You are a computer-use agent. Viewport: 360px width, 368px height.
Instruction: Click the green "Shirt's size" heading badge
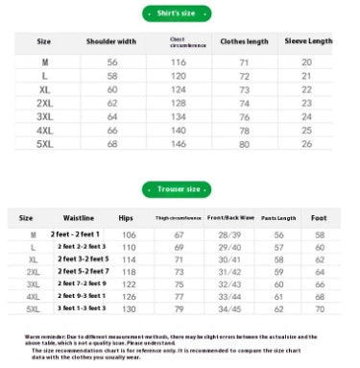tap(180, 12)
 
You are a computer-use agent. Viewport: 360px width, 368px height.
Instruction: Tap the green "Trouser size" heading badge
tap(180, 190)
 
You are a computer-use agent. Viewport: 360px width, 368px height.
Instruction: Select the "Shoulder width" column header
tap(111, 41)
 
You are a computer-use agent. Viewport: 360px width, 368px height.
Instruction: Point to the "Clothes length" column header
tap(244, 41)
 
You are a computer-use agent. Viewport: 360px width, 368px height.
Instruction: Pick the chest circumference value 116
tap(179, 61)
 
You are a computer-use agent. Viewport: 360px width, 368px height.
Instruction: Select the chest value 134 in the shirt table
tap(179, 115)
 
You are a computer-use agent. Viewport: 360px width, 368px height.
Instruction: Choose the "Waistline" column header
tap(78, 218)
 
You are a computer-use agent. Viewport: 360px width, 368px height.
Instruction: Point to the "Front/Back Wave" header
tap(229, 218)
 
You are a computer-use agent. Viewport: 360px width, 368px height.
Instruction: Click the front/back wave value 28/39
tap(229, 234)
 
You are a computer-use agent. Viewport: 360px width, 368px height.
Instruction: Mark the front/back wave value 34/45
tap(229, 308)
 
